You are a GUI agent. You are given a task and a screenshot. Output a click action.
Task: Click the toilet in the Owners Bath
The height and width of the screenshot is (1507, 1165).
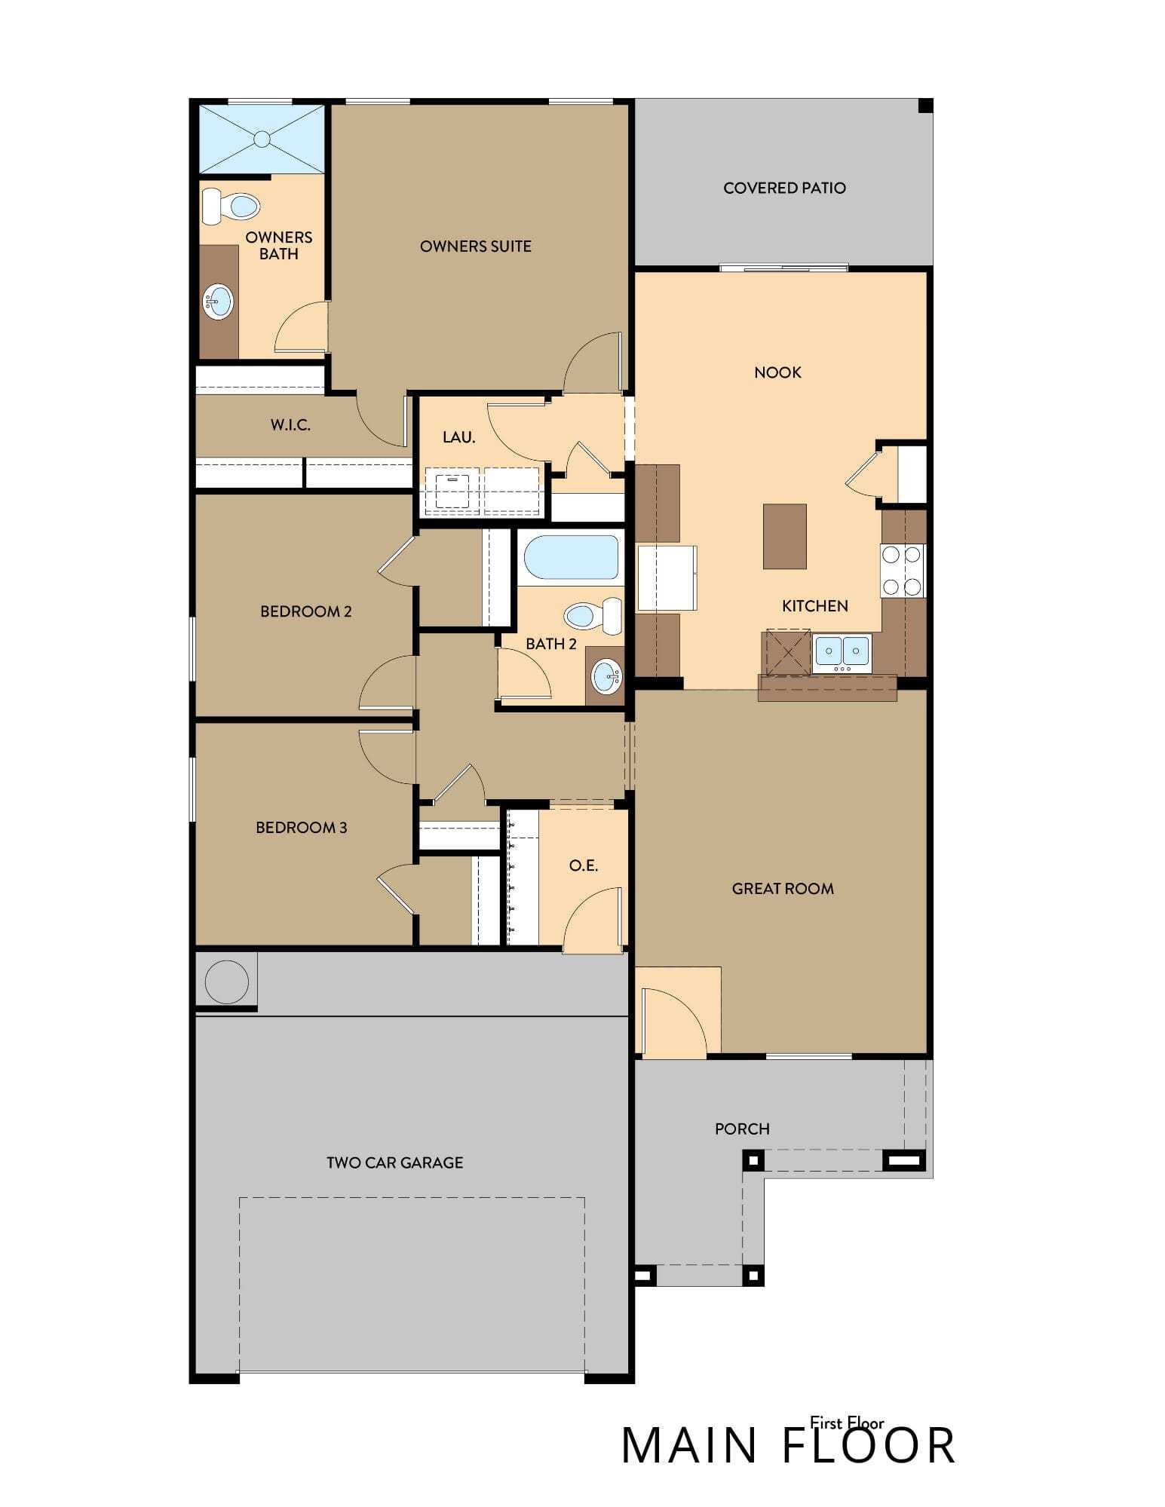231,206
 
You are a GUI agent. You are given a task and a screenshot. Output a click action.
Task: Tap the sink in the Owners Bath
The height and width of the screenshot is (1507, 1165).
218,302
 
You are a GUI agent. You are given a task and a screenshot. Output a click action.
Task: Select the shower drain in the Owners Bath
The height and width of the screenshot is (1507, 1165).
262,139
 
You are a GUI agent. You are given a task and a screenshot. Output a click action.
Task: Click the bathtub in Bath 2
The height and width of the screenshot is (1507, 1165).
571,557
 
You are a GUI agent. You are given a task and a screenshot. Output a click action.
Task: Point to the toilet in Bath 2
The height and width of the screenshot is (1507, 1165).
594,615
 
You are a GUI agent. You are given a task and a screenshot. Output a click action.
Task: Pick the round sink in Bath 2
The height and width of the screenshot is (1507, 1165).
607,676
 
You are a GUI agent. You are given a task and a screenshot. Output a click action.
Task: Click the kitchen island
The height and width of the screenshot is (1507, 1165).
784,536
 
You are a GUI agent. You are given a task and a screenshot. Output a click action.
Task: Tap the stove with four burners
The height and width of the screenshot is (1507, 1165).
902,571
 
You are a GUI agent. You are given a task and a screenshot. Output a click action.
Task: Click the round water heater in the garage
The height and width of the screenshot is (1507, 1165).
226,982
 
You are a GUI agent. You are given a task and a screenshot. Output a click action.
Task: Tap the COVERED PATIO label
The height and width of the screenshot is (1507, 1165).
784,188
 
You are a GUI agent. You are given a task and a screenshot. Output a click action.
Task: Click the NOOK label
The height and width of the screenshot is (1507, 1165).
777,372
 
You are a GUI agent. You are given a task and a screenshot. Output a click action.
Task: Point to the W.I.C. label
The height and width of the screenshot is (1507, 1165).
290,425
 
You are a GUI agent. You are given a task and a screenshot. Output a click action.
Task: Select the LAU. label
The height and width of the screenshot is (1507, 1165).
458,437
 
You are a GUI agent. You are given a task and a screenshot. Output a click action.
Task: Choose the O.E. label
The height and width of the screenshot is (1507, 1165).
583,865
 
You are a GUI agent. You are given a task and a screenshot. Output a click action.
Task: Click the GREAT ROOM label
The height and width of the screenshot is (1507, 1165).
783,889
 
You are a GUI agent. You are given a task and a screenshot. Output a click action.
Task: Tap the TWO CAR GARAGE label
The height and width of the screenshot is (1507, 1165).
394,1162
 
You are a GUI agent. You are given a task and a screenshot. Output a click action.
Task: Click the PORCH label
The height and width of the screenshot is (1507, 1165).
742,1129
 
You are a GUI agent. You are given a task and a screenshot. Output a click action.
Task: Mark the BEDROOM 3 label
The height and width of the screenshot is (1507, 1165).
301,828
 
